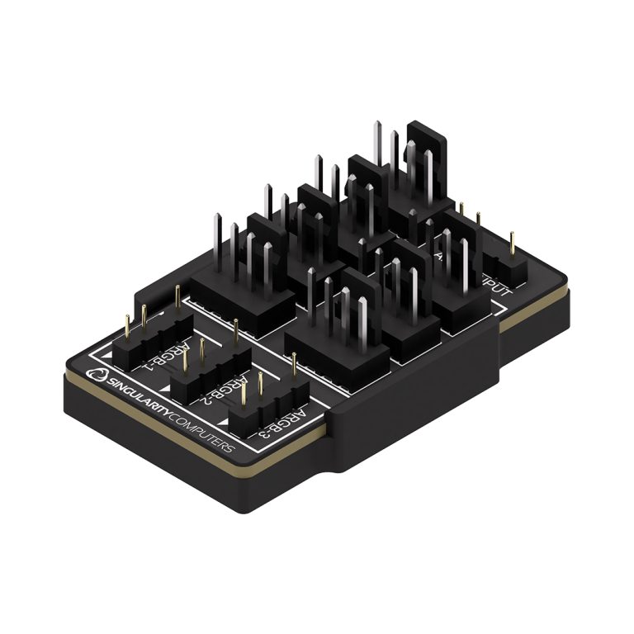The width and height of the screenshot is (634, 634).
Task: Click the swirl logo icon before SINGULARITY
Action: coord(99,377)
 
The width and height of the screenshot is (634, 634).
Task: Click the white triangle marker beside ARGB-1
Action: coord(109,353)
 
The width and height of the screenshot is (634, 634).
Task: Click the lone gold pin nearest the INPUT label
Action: coord(512,243)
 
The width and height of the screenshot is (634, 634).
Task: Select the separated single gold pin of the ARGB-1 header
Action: coord(177,297)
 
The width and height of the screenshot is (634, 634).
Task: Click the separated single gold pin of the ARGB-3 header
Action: coord(294,363)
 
